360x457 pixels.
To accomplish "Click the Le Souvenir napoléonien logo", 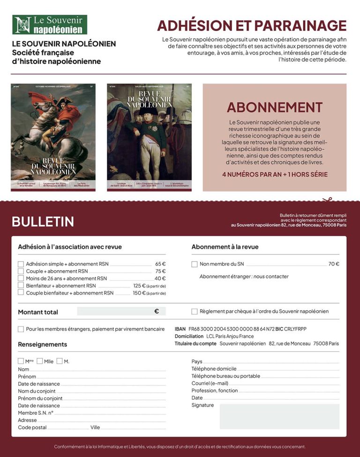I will tap(50, 25).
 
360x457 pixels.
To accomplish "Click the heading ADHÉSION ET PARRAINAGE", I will tap(252, 25).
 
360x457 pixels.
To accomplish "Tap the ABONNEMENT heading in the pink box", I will tap(274, 107).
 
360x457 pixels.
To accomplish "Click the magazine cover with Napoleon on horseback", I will tap(53, 137).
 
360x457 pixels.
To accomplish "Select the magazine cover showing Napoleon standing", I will tap(149, 137).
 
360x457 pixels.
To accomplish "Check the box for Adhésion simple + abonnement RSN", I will tap(21, 264).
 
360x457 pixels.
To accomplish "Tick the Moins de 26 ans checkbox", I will tap(21, 278).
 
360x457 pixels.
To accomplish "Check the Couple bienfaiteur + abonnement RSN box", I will tap(21, 293).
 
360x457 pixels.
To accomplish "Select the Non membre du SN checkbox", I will tap(195, 264).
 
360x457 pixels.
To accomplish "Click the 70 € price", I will tap(334, 264).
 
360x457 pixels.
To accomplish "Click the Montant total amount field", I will tap(121, 311).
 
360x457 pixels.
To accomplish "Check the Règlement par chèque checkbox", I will tap(195, 311).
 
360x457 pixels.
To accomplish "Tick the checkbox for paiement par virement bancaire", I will tap(21, 329).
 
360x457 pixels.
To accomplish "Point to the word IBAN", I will tap(180, 329).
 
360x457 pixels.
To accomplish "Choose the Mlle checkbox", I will tap(40, 361).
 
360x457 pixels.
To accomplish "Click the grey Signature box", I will tap(279, 417).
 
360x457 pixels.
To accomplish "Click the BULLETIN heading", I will tap(43, 221).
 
